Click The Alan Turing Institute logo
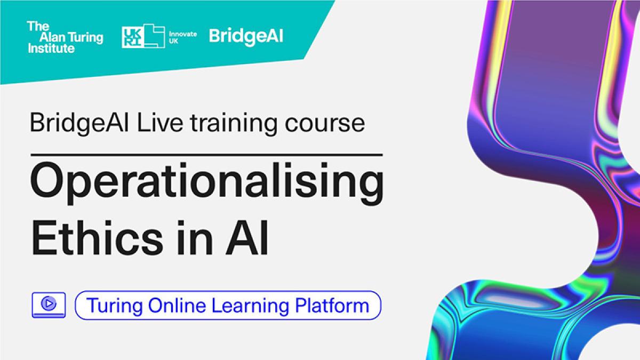[x=65, y=37]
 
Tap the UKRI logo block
[x=143, y=36]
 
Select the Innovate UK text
[x=183, y=37]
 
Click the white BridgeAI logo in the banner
[x=246, y=37]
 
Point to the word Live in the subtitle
[x=160, y=123]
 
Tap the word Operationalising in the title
[x=207, y=183]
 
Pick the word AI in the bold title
[x=247, y=238]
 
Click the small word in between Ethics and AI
[x=194, y=237]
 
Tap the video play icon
[x=49, y=305]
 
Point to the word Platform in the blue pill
[x=332, y=305]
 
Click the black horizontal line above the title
[x=206, y=155]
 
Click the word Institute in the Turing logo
[x=51, y=49]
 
